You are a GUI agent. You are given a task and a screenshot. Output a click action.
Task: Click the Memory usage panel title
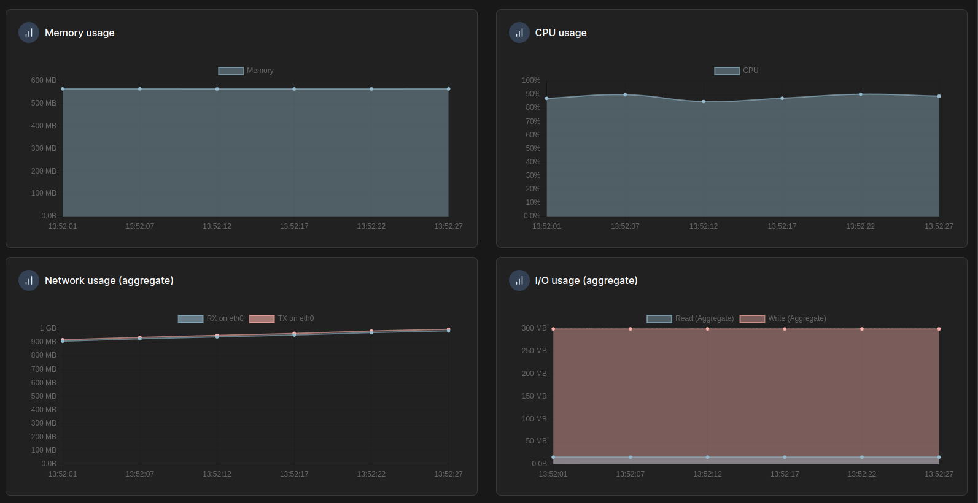pos(79,33)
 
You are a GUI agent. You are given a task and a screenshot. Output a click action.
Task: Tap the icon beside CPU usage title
pos(519,33)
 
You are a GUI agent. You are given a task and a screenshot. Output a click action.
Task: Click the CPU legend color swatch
pos(726,71)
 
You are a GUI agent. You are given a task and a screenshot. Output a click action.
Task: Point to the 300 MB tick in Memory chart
pos(44,148)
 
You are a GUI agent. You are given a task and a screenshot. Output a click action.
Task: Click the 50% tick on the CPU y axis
pos(532,148)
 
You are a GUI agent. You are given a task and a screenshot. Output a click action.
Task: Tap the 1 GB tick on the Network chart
pos(48,328)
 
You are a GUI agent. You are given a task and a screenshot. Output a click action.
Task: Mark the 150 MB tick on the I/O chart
pos(534,396)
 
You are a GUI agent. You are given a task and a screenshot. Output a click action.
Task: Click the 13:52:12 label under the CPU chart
pos(703,226)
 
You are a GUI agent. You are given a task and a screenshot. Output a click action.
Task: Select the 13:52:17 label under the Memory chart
pos(294,226)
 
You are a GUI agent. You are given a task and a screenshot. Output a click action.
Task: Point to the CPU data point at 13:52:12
pos(704,102)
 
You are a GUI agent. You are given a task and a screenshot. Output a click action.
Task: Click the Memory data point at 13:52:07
pos(140,89)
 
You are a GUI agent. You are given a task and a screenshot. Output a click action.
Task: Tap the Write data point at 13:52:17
pos(785,329)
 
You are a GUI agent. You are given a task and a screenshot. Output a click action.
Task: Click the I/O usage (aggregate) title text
pos(586,280)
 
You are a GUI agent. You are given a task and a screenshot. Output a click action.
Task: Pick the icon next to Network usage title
pos(29,280)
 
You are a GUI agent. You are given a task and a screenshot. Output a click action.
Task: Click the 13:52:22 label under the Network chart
pos(371,474)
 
